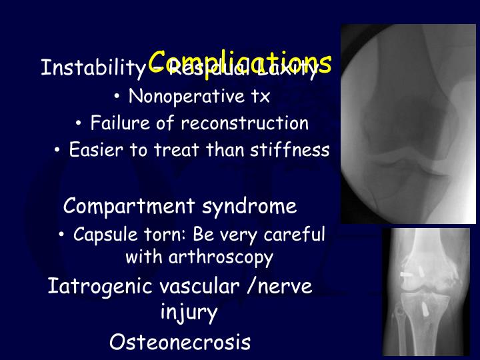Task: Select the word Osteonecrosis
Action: [x=180, y=343]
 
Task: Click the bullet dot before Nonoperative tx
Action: [x=117, y=97]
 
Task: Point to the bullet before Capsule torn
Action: [x=61, y=235]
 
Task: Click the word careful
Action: [x=295, y=235]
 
